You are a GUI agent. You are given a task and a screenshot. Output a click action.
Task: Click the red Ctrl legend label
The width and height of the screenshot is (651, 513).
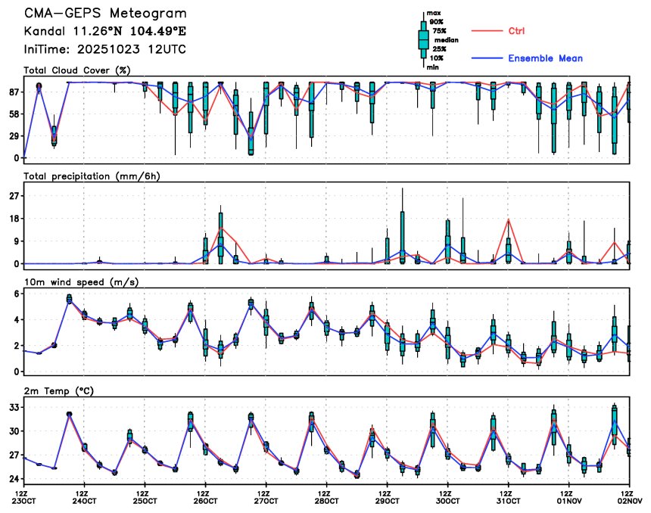click(516, 31)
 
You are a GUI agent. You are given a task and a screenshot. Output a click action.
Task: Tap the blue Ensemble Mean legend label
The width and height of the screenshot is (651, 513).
click(545, 58)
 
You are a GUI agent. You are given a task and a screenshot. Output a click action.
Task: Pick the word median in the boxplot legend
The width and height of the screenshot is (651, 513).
click(447, 40)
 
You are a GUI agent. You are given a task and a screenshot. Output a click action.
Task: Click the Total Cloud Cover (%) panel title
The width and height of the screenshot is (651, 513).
click(77, 70)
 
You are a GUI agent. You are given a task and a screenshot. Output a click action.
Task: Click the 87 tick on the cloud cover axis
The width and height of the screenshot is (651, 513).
click(14, 92)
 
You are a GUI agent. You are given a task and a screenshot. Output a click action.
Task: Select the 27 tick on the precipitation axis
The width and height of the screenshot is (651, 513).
click(14, 196)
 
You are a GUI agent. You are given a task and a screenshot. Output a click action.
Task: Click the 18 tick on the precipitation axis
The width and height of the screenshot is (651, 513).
click(14, 219)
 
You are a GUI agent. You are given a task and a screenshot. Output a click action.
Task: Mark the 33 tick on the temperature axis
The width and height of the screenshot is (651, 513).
click(14, 407)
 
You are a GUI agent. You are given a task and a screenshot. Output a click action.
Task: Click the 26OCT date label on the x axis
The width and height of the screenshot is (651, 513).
click(205, 500)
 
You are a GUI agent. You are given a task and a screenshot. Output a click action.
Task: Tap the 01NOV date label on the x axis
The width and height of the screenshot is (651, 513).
click(568, 500)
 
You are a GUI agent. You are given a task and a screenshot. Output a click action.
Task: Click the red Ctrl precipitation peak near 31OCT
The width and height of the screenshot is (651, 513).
click(508, 219)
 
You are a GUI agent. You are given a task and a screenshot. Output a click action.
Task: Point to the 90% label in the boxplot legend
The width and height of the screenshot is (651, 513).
click(437, 23)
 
